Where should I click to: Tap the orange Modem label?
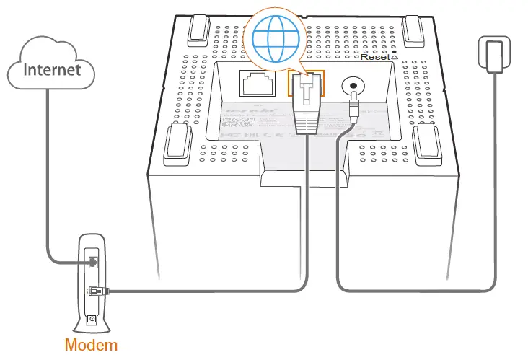pos(90,344)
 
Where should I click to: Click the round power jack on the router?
pos(353,87)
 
